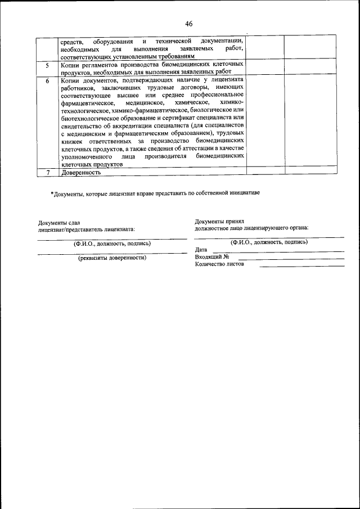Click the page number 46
[188, 24]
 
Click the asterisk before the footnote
[52, 193]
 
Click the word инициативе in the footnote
[244, 193]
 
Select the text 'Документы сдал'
[62, 223]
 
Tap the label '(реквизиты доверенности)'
[112, 258]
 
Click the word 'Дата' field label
[201, 249]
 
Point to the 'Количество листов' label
[220, 264]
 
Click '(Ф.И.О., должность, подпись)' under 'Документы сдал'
[112, 244]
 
